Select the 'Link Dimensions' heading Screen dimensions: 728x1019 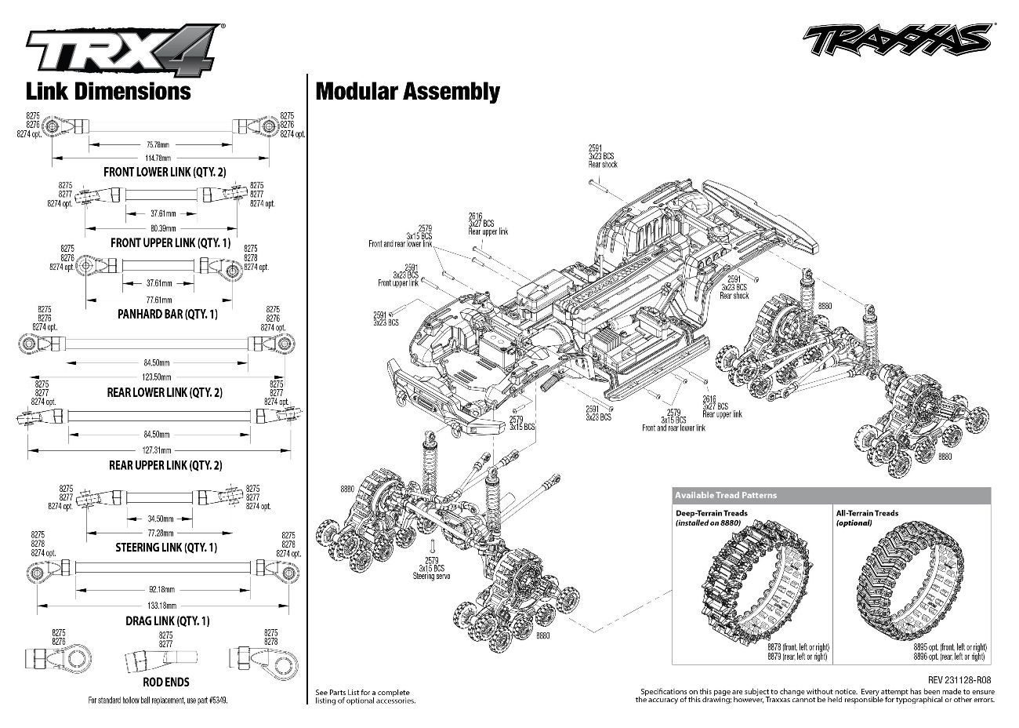pyautogui.click(x=108, y=91)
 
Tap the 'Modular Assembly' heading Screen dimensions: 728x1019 pyautogui.click(x=407, y=92)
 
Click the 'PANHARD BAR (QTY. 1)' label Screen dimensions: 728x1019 pyautogui.click(x=167, y=315)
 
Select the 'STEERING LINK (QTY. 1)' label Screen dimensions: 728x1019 pyautogui.click(x=165, y=547)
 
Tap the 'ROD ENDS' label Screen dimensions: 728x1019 pyautogui.click(x=165, y=682)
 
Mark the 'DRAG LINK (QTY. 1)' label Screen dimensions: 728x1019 pyautogui.click(x=167, y=621)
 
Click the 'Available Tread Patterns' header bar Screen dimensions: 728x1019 pyautogui.click(x=831, y=495)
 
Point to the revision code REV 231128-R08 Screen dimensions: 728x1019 pyautogui.click(x=960, y=681)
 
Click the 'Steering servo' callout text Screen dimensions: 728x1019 pyautogui.click(x=430, y=577)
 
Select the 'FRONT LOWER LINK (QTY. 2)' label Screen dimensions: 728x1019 pyautogui.click(x=165, y=172)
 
